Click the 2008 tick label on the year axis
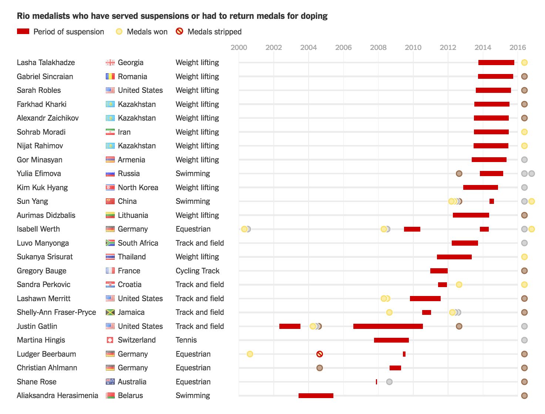[378, 47]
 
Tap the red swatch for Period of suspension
[23, 31]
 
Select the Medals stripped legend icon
[179, 31]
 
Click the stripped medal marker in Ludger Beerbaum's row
[320, 354]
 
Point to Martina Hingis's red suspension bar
[391, 340]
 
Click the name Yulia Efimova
[39, 174]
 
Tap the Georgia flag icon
[110, 63]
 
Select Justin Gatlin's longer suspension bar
[388, 326]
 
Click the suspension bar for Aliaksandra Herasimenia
[316, 396]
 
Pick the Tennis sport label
[186, 340]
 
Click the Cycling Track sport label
[198, 271]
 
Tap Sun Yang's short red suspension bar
[491, 201]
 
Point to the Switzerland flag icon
[110, 340]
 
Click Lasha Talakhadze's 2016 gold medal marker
[524, 63]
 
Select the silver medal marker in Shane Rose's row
[389, 382]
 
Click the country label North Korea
[138, 188]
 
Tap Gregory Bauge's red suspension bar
[439, 271]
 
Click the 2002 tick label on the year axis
[273, 47]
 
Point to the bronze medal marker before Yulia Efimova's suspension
[459, 174]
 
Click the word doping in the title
[314, 16]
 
